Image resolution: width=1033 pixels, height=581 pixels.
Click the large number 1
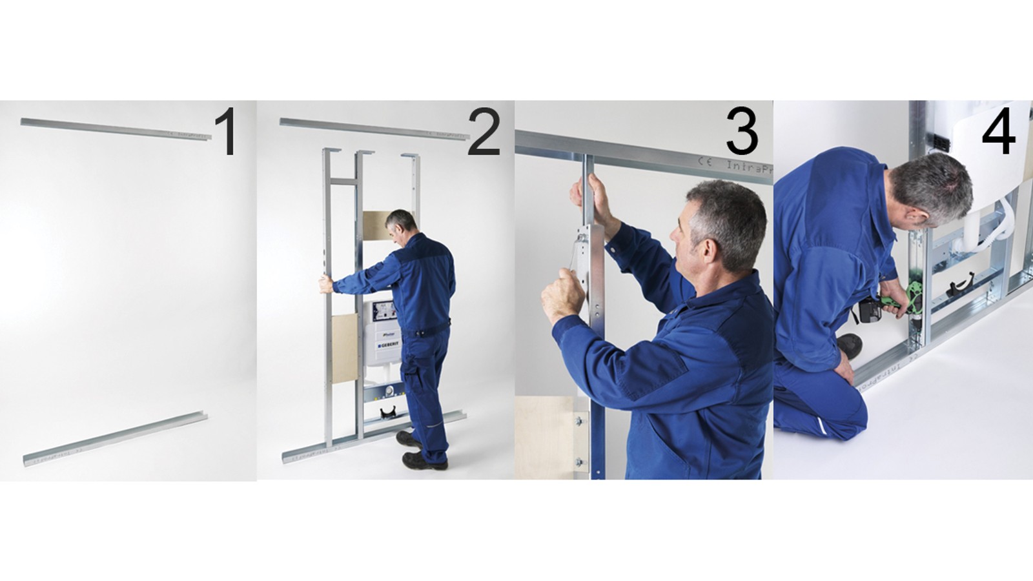click(225, 132)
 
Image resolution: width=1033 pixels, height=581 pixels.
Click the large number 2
click(484, 132)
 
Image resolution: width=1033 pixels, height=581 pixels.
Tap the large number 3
click(741, 132)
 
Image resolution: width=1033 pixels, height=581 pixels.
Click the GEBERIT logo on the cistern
click(389, 345)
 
